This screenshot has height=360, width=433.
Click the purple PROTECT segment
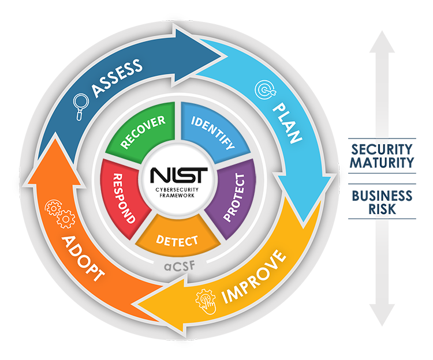(x=231, y=196)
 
